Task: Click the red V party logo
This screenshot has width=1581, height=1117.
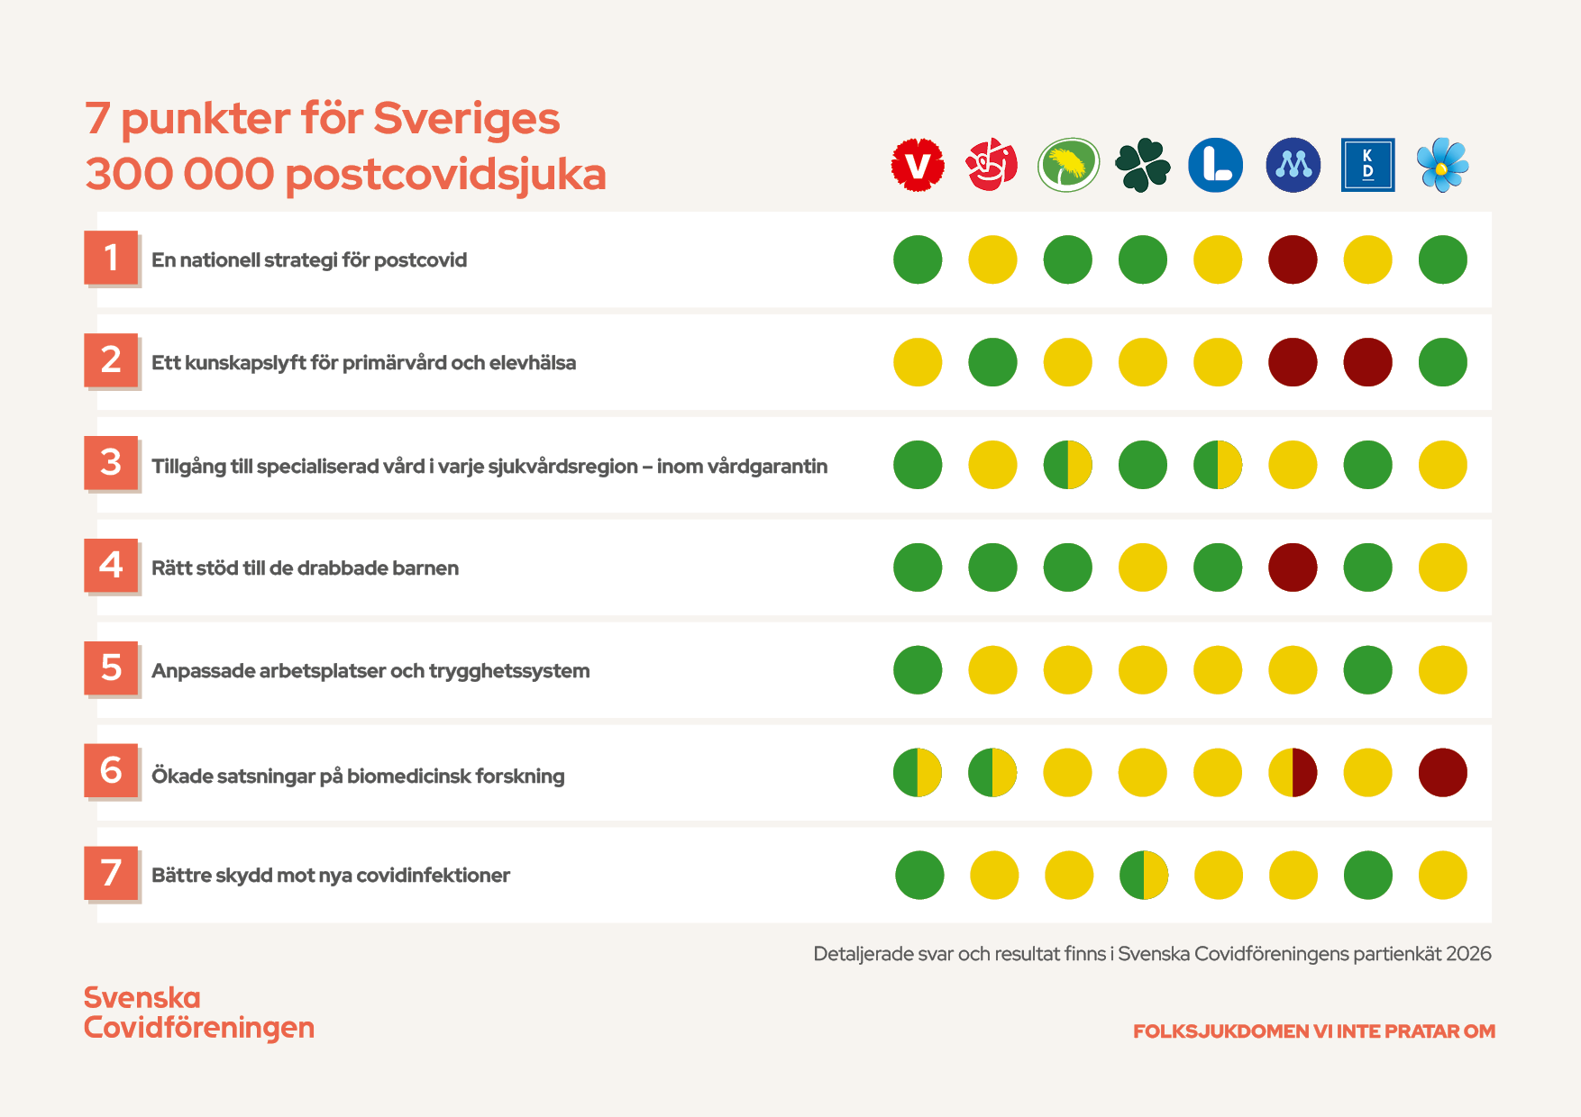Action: click(918, 165)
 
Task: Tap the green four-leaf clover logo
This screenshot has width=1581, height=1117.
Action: click(1142, 165)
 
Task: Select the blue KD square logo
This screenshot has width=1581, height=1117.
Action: click(1367, 165)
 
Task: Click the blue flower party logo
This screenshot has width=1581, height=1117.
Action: click(1442, 165)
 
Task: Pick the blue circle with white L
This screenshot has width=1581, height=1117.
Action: click(1216, 165)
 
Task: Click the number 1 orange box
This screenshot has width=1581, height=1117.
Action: click(111, 258)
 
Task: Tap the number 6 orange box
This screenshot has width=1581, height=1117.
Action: click(111, 770)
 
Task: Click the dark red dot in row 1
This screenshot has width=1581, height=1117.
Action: click(1293, 259)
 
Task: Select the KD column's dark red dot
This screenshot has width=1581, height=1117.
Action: click(1367, 362)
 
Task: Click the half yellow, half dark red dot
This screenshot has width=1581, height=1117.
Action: click(1293, 773)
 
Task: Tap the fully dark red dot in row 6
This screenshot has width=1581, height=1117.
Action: click(1442, 773)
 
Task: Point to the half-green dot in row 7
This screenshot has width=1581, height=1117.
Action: click(1143, 875)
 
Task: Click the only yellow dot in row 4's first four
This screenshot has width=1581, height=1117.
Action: click(1142, 568)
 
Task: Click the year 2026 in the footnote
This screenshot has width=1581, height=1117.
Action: click(1468, 953)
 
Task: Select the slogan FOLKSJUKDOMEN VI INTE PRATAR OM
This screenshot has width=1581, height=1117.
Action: click(1313, 1031)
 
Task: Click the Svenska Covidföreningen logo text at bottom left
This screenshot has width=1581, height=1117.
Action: click(198, 1013)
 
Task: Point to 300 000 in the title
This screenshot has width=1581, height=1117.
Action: click(179, 174)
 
